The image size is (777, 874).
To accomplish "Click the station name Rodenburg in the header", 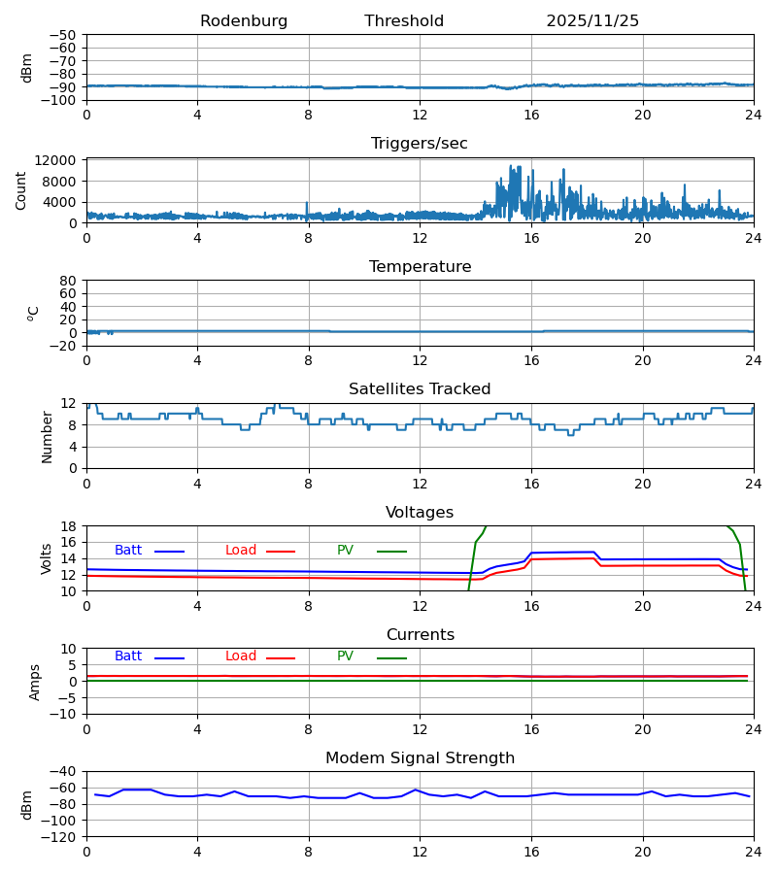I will (x=244, y=21).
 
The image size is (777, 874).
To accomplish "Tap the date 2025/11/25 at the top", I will (x=592, y=21).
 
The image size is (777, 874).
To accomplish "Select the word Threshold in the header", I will (x=404, y=21).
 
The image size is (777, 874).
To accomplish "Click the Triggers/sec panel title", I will (x=420, y=144).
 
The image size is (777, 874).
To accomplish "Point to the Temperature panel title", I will (x=420, y=267).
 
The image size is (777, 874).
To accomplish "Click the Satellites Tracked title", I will (x=420, y=389).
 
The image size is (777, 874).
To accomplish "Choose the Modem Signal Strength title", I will (x=420, y=758).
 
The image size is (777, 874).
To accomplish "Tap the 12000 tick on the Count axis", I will (x=61, y=161).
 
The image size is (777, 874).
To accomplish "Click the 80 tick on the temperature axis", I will (x=68, y=281).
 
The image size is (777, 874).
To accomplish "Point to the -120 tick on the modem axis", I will (x=61, y=836).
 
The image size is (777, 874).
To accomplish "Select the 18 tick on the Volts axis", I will (x=68, y=526).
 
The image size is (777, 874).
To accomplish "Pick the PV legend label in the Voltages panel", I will (x=345, y=551).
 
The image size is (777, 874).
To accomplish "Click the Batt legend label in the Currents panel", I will (x=128, y=656).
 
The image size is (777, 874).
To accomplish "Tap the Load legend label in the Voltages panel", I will (x=241, y=551).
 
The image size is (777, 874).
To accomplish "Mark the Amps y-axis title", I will (x=35, y=682).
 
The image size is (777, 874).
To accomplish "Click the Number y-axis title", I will (x=48, y=436).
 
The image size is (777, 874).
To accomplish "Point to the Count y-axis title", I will (x=21, y=190).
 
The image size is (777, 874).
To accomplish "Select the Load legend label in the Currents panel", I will (x=241, y=656).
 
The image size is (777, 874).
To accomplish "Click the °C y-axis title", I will (x=34, y=313).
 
